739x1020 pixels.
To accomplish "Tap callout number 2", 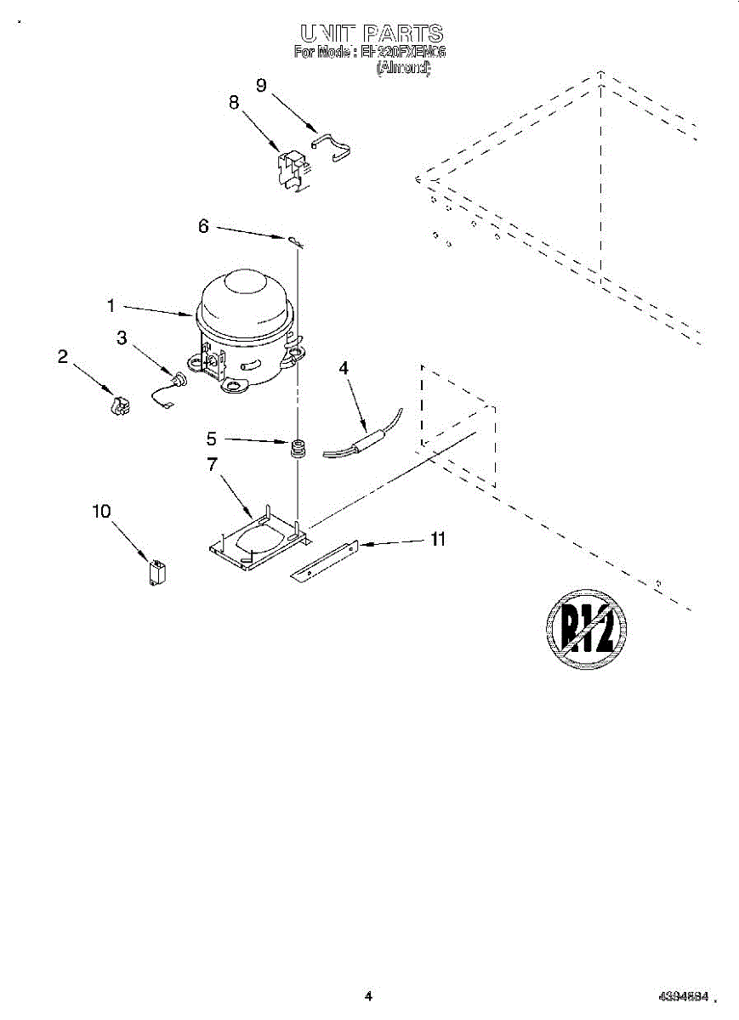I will (x=63, y=357).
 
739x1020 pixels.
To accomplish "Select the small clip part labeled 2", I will (x=120, y=406).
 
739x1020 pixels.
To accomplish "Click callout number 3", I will (x=122, y=338).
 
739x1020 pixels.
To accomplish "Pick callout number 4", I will (x=344, y=368).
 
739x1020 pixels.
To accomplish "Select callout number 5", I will (x=212, y=439).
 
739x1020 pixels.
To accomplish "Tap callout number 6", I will (x=203, y=226).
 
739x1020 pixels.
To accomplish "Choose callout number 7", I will (x=212, y=464).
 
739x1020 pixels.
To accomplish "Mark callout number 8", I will (x=234, y=103).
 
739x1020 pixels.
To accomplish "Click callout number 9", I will (x=261, y=84).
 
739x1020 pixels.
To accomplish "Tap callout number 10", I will (x=101, y=511).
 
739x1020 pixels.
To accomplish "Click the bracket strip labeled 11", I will (x=322, y=562).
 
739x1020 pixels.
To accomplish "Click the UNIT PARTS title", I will (x=371, y=34).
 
